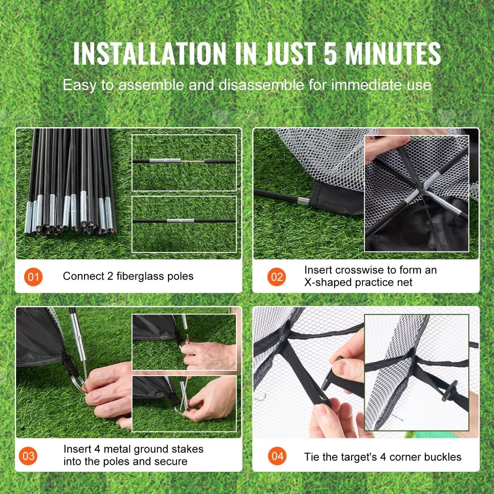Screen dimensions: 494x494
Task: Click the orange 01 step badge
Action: [33, 276]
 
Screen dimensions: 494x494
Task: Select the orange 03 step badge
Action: [28, 456]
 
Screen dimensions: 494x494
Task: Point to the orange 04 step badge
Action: [277, 456]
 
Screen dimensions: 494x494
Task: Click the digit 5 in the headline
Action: [330, 53]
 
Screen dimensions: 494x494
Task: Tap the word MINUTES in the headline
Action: [393, 53]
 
